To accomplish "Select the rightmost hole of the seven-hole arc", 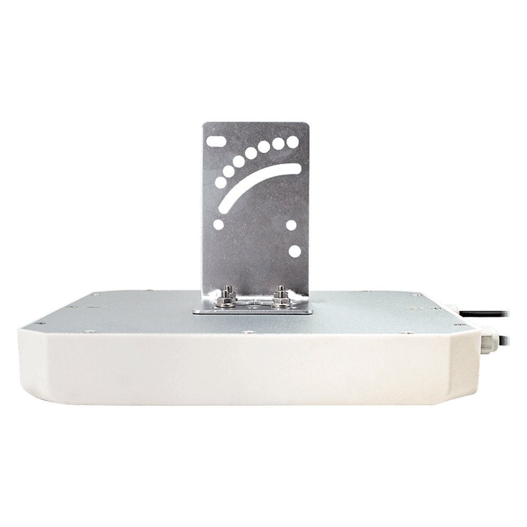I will click(x=292, y=141).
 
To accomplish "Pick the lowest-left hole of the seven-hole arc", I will click(x=221, y=182).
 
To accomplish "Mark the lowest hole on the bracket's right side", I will click(x=295, y=251).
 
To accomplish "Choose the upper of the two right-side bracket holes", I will click(x=291, y=226).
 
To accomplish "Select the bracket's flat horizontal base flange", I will click(x=253, y=310).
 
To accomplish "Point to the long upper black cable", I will click(x=493, y=313).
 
